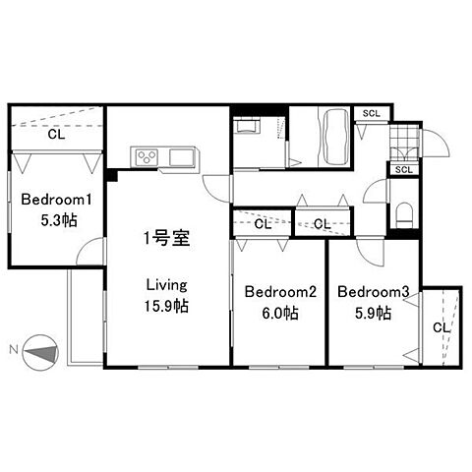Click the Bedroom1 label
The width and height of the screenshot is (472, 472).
pos(56,200)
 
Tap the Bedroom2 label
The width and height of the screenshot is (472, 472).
pos(280,292)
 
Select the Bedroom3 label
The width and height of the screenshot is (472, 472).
pos(374,292)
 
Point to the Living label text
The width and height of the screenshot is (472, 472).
pos(166,285)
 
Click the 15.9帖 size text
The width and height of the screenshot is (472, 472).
pos(166,306)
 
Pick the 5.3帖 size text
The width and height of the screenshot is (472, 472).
pos(59,220)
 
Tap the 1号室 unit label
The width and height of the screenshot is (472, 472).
pos(167,238)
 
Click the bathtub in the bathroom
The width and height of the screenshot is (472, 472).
pos(335,137)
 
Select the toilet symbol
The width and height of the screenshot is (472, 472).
pos(404,214)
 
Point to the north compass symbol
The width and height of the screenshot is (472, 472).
pos(40,353)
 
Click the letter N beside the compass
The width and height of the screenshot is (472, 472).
pos(14,350)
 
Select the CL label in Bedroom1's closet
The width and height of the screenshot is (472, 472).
pos(56,135)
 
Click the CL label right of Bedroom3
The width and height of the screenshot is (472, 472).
pos(442,327)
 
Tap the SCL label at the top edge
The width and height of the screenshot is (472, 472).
pos(372,114)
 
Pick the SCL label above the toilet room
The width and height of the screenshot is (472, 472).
pos(403,170)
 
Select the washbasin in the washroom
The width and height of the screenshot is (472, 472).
pos(248,126)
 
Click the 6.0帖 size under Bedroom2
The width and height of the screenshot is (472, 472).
pos(280,313)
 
